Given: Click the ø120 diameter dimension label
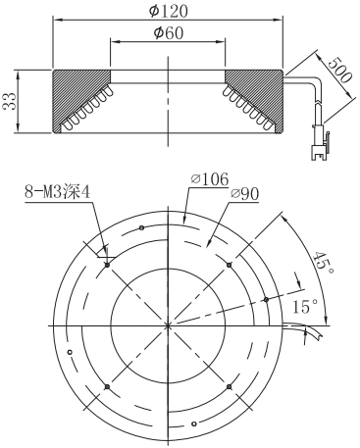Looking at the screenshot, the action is (x=169, y=11).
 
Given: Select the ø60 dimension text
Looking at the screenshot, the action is (x=169, y=33).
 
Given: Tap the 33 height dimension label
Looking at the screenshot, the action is (x=9, y=101).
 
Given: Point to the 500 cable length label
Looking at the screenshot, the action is (x=339, y=71).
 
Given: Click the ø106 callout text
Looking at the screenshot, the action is (x=210, y=179).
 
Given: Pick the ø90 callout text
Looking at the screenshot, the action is (x=244, y=194).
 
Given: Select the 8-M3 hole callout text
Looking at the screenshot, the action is (x=57, y=192).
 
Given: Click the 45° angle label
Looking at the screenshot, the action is (x=323, y=263).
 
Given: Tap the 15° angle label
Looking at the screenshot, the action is (x=305, y=306).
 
